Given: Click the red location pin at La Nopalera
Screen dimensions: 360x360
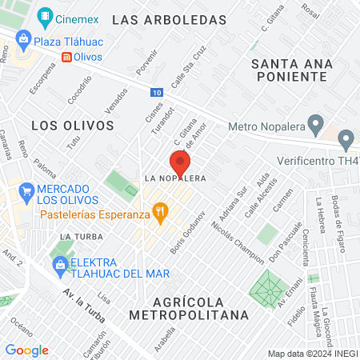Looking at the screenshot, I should point(180,163).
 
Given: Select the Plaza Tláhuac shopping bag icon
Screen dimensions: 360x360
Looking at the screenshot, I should point(23,39).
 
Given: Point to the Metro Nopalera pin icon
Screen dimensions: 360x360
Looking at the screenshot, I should point(315,126).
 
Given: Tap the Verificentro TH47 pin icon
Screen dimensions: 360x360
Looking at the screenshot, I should point(346,142).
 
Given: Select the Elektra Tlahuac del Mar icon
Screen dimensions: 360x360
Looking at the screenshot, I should point(58,264).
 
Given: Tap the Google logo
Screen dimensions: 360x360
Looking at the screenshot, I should point(26,350).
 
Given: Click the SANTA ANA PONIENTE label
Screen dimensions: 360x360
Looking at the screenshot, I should point(289,69).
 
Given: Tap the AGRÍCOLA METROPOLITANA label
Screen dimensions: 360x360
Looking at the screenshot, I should point(201,308).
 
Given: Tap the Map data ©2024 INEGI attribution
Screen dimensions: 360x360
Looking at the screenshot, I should point(311,354).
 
